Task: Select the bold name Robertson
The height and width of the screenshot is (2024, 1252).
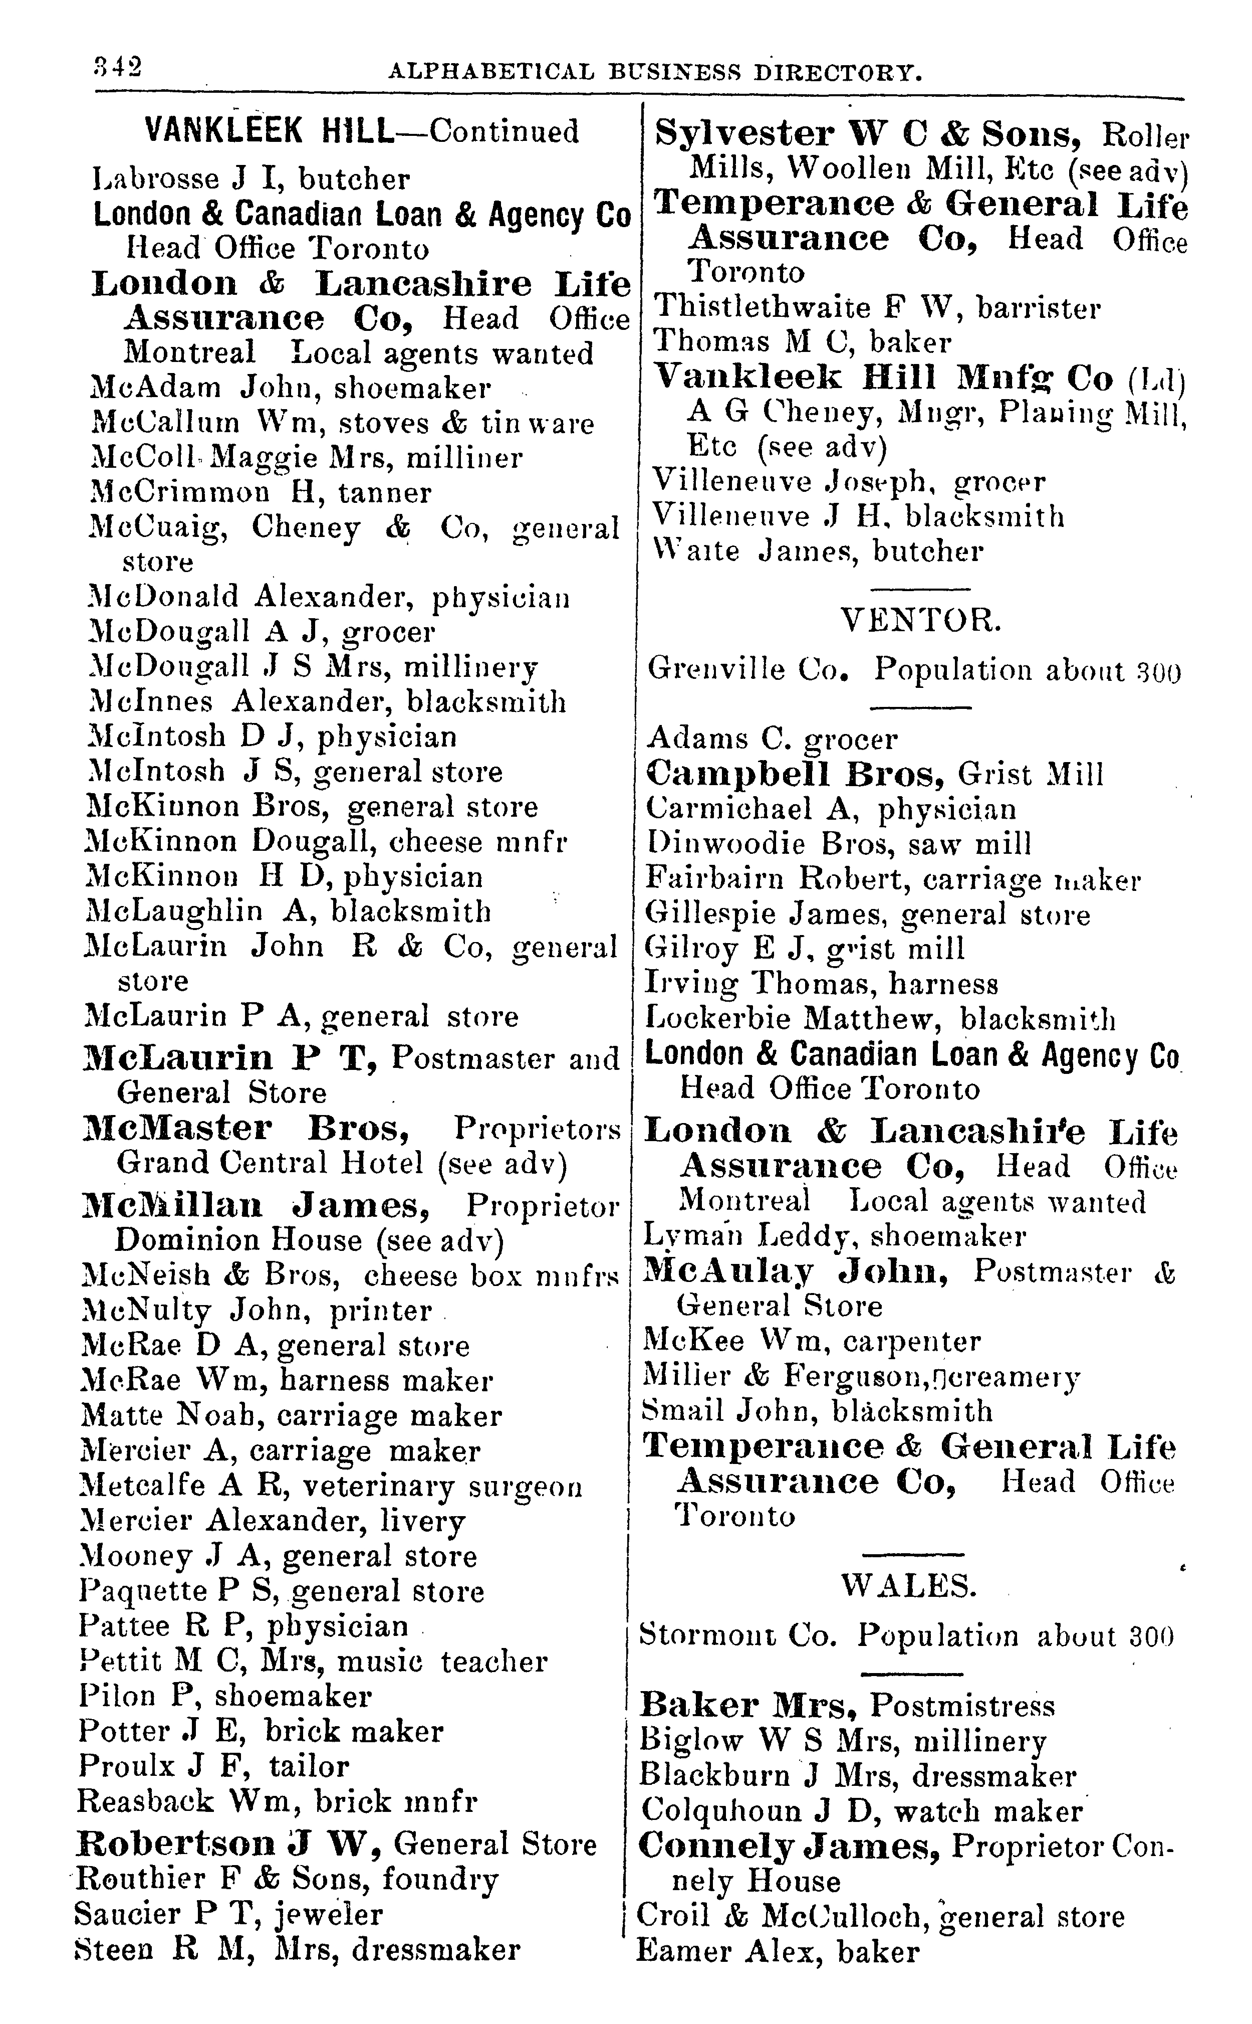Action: point(175,1844)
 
